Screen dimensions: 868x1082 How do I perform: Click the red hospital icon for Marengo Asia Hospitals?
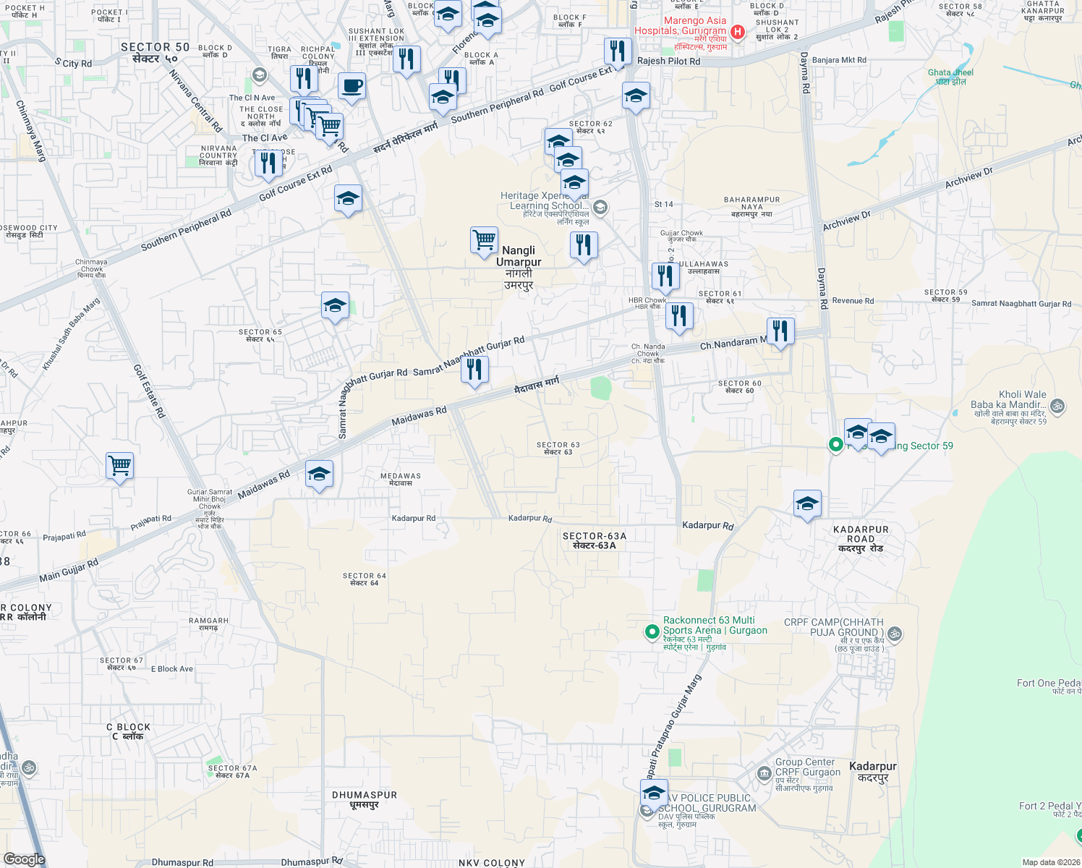coord(738,31)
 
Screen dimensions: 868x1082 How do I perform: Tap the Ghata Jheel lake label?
coord(950,77)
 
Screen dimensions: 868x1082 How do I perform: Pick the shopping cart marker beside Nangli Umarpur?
coord(484,240)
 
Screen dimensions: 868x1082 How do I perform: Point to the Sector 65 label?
coord(260,336)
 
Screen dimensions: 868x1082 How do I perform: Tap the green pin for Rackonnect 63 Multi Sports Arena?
coord(652,631)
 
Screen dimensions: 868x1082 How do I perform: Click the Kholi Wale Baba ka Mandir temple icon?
coord(1057,405)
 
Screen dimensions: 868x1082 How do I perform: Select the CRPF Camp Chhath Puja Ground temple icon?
coord(895,634)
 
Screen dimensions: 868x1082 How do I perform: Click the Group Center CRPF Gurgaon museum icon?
coord(764,774)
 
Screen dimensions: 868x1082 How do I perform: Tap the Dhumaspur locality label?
coord(365,799)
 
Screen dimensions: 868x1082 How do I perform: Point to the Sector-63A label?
coord(595,540)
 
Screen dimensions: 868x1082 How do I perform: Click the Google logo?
coord(24,859)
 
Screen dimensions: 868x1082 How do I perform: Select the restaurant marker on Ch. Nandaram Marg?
coord(780,332)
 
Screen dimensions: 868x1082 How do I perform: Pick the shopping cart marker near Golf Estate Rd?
coord(119,466)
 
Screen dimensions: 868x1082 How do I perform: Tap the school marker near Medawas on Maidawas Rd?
coord(319,475)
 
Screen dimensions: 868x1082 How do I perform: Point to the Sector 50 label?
coord(155,52)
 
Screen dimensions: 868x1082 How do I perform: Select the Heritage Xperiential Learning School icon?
coord(600,208)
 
